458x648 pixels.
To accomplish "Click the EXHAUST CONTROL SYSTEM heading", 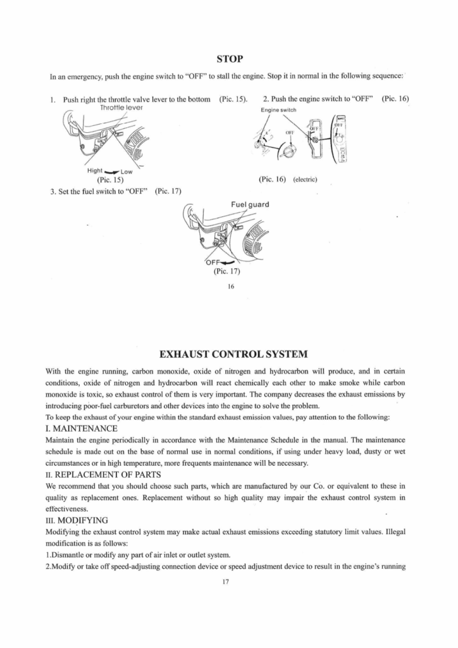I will pos(228,352).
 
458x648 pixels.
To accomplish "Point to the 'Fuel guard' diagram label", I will pos(251,204).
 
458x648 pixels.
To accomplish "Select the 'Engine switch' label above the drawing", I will pos(278,110).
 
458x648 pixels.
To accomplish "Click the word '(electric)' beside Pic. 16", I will pos(304,180).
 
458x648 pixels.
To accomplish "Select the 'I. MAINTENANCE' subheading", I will pos(82,429).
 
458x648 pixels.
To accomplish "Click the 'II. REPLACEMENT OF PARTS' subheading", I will pos(103,475).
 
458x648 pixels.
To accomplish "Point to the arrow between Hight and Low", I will pos(116,171).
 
